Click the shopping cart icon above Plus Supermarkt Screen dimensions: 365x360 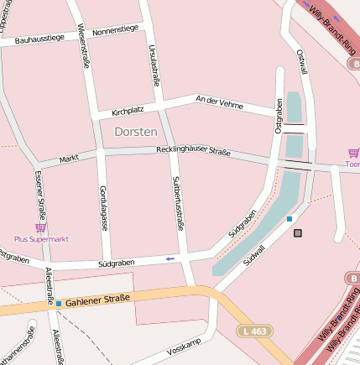[x=39, y=227]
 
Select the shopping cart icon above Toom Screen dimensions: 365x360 [x=352, y=153]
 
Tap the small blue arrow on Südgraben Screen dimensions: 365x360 [x=170, y=258]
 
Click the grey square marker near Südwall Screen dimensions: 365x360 [x=297, y=232]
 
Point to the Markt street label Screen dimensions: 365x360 [x=70, y=159]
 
